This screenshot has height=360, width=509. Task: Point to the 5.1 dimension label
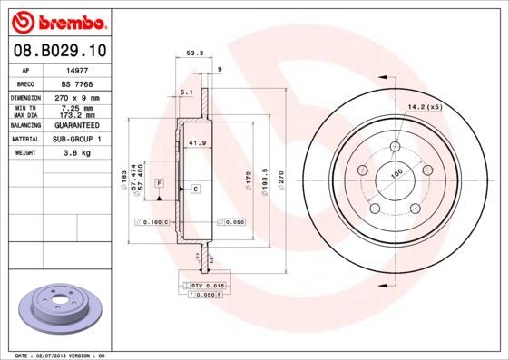[186, 93]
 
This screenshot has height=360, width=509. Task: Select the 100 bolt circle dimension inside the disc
[396, 172]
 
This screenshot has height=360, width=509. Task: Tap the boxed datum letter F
[160, 183]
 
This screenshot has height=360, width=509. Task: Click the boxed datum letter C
[195, 189]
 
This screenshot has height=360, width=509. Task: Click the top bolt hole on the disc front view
[396, 147]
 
